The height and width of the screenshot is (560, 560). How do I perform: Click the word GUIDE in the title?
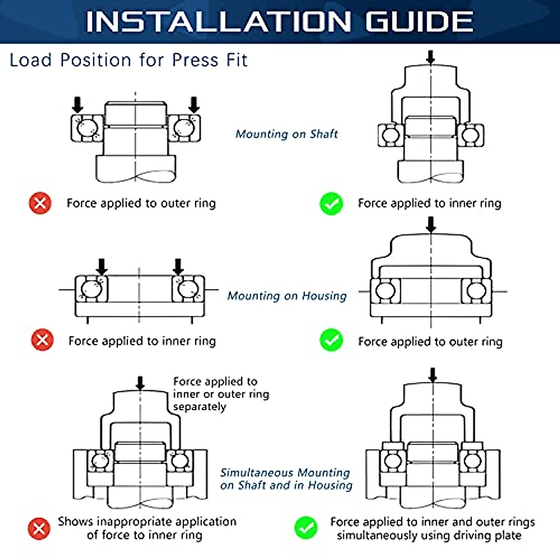pos(419,22)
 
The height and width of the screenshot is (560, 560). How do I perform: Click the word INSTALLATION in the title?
pos(218,22)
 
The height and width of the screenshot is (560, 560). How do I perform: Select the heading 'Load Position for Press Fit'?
pos(128,60)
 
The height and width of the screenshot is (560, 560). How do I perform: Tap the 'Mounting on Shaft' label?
pos(287,134)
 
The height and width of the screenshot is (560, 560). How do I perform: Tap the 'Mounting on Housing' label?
pos(287,296)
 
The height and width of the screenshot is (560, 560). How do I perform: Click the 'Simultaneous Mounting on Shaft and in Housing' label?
pos(286,479)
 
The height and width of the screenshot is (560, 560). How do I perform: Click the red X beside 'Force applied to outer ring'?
pos(40,203)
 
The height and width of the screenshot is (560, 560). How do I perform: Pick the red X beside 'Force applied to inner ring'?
pos(42,340)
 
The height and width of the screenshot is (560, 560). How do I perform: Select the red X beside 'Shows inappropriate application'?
pos(39,529)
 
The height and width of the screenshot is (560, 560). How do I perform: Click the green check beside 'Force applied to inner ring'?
pos(331,204)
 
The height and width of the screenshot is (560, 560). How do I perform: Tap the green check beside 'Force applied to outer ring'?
pos(331,340)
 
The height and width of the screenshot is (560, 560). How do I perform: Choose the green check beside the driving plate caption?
pos(306,528)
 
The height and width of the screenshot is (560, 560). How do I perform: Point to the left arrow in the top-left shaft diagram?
pos(77,105)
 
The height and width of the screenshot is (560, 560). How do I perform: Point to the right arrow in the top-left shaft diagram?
pos(194,105)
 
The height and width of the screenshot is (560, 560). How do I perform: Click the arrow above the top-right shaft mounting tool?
pos(431,57)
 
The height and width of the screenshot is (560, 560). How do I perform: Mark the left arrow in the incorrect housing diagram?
pos(101,267)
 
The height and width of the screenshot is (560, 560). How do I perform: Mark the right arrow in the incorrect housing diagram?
pos(178,267)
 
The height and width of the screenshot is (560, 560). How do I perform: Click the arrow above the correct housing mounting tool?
pos(431,225)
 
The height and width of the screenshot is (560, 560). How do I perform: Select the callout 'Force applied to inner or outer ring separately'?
pos(221,394)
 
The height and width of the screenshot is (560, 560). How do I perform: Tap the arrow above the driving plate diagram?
pos(433,375)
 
